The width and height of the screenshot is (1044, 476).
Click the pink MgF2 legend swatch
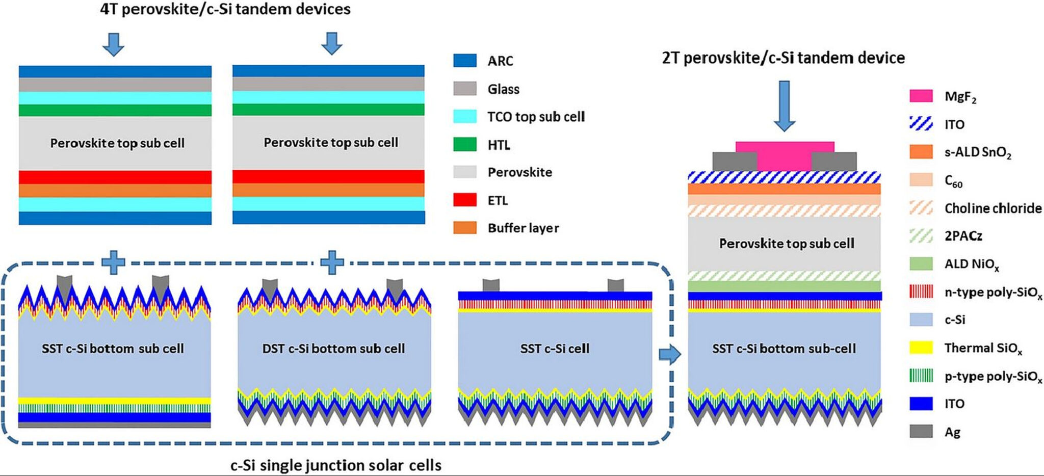(x=921, y=96)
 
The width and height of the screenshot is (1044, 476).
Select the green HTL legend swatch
(x=464, y=145)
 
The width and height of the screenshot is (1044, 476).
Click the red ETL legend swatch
(x=464, y=200)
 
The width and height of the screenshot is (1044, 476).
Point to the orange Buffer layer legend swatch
(x=464, y=227)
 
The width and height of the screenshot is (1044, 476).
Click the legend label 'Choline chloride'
(x=993, y=208)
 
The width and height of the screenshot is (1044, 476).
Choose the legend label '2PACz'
(x=963, y=235)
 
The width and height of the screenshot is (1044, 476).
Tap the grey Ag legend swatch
(x=921, y=431)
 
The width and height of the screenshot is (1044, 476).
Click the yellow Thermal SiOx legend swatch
(x=921, y=348)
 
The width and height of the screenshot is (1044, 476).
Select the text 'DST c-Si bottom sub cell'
(x=333, y=349)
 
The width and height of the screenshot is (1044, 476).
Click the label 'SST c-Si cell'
(x=555, y=349)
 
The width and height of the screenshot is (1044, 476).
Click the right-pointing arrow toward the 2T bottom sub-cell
(x=670, y=354)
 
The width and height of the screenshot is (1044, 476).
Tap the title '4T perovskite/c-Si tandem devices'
(x=225, y=9)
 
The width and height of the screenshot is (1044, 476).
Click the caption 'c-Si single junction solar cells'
(x=336, y=465)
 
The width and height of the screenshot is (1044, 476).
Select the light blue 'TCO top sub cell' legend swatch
(x=464, y=116)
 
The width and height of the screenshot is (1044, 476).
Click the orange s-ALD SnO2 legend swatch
(x=921, y=152)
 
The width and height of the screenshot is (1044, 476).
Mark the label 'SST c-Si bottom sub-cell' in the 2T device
(x=784, y=349)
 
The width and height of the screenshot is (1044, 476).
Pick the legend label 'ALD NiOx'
(x=971, y=264)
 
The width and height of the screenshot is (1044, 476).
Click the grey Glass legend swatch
(x=464, y=89)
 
